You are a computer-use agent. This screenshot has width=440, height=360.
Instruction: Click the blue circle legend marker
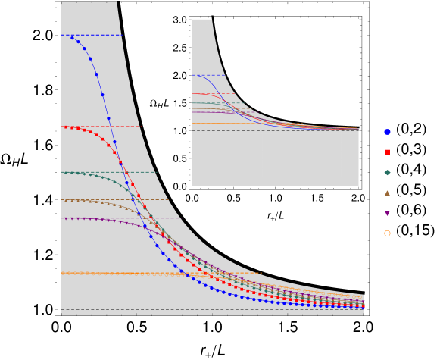[387, 132]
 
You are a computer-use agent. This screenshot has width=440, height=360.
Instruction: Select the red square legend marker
[387, 152]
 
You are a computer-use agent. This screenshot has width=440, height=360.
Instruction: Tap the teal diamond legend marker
[387, 173]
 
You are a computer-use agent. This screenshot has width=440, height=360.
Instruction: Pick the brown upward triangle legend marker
[387, 193]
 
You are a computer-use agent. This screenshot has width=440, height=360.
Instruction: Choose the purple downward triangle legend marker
[387, 213]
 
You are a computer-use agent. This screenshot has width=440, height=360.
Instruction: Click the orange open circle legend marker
[387, 233]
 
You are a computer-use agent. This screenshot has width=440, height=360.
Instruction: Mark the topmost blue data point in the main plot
[72, 38]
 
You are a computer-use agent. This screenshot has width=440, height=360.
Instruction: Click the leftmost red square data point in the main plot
[66, 127]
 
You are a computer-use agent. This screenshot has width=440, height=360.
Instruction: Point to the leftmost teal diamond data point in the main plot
[66, 173]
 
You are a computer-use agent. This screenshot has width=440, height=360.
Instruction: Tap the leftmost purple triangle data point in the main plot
[66, 219]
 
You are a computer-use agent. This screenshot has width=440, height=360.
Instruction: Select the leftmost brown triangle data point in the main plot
[66, 201]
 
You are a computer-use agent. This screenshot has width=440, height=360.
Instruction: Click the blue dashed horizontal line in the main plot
[106, 35]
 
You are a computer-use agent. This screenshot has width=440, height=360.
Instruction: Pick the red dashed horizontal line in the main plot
[129, 127]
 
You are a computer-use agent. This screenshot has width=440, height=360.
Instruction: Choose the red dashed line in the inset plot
[227, 94]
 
